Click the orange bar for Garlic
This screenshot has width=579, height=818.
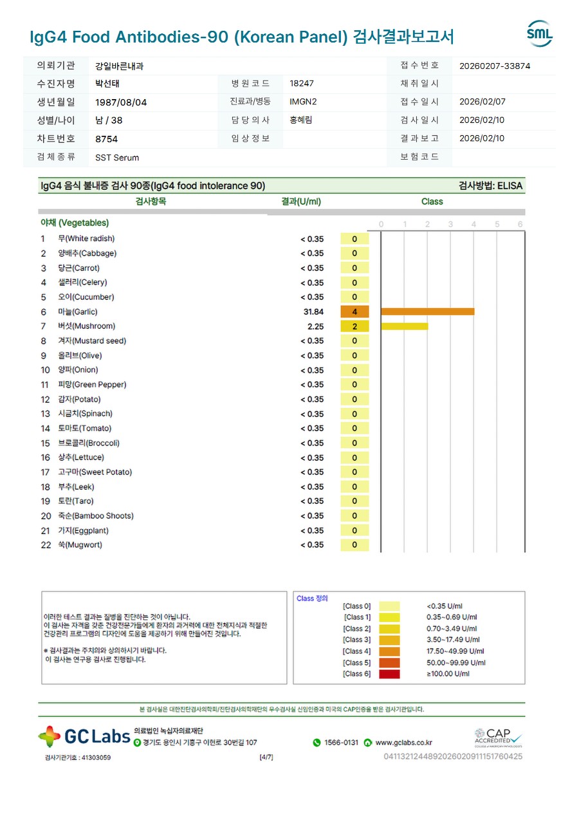coord(428,311)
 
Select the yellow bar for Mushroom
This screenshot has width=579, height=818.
coord(405,326)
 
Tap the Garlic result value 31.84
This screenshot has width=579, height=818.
coord(313,311)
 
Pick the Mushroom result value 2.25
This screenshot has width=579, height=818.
coord(315,326)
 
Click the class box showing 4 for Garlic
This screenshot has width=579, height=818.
coord(354,311)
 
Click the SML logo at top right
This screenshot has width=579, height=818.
coord(539,33)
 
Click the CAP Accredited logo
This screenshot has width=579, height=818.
coord(499,738)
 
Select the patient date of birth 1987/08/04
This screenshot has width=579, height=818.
coord(121,102)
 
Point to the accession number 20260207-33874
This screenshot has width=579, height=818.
coord(495,66)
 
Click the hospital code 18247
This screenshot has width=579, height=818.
coord(302,84)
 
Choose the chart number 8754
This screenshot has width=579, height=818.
coord(106,139)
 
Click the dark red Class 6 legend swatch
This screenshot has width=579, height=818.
coord(389,674)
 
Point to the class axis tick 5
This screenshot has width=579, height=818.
coord(497,224)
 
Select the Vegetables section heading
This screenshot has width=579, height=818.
coord(75,223)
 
